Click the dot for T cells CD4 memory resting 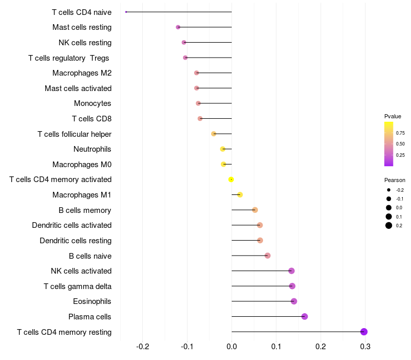364,332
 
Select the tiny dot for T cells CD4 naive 126,12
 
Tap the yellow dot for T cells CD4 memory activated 231,179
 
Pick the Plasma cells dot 304,316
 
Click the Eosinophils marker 294,301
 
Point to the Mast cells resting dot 178,27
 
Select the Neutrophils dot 222,149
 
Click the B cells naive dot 267,256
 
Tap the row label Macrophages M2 82,73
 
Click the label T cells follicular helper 74,134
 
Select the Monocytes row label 92,103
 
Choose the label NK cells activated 81,271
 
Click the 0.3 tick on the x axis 365,347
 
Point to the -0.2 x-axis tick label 143,347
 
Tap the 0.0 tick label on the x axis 232,347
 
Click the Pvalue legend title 393,116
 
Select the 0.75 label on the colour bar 400,133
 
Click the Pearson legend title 395,180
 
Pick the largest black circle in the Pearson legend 389,225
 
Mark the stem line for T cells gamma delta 262,286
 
